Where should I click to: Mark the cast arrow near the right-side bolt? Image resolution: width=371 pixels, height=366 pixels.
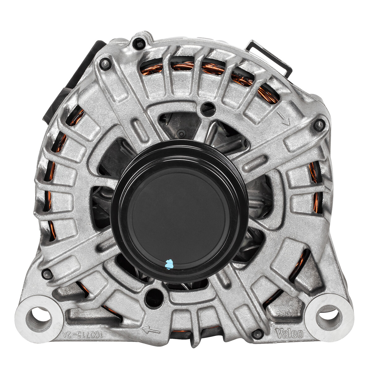(x=283, y=117)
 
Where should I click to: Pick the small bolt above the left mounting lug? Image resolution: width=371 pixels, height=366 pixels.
(x=47, y=273)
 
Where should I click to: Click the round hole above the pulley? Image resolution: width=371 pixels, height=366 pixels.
(x=207, y=108)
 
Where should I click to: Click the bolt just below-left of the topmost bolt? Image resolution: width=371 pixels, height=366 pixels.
(x=105, y=64)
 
